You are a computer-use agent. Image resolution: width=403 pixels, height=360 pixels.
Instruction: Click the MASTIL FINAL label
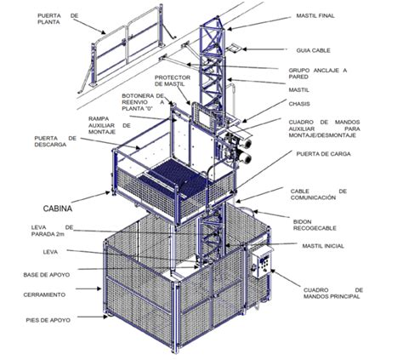pos(315,16)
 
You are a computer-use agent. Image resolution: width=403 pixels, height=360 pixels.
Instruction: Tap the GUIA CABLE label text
pos(313,50)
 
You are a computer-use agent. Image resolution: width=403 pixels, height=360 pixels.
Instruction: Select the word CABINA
pos(58,209)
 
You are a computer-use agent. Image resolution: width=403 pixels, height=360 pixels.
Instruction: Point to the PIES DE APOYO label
pos(48,320)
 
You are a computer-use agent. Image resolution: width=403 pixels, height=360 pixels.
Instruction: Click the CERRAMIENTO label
pos(44,294)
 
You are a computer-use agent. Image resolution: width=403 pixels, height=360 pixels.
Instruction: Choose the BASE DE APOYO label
pos(47,275)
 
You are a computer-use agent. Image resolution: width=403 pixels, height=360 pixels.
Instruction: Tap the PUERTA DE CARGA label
pos(323,154)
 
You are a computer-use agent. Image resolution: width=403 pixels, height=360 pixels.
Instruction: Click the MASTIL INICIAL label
pos(323,246)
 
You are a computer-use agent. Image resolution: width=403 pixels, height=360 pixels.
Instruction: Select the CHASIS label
pos(299,104)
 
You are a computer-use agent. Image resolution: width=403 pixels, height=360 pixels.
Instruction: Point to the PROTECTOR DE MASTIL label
pos(173,81)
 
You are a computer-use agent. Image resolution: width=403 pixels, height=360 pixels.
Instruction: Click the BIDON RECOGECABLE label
pos(315,225)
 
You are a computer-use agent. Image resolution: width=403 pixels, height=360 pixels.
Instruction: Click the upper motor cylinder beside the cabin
pos(245,144)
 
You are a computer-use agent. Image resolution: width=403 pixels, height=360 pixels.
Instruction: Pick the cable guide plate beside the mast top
pos(234,48)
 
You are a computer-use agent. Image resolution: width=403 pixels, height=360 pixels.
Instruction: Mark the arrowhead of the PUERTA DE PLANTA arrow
pos(104,31)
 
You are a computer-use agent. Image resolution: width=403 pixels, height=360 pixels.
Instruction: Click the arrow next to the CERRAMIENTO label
pos(88,289)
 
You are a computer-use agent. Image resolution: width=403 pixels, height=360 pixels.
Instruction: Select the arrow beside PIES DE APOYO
pos(93,317)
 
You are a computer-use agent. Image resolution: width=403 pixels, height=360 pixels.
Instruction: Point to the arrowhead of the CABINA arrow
pos(107,192)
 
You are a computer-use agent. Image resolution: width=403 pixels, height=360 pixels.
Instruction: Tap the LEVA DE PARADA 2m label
pos(52,231)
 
